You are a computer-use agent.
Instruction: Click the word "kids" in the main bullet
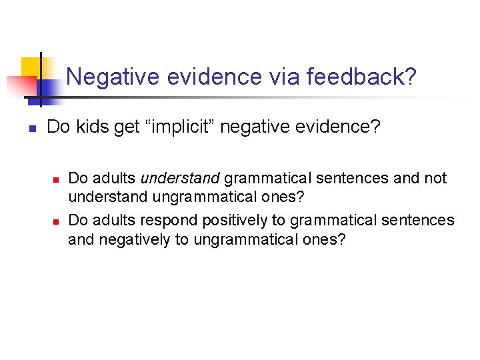92,127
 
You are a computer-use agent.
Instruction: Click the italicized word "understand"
180,179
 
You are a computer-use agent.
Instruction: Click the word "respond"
167,220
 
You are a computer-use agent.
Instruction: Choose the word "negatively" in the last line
134,240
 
